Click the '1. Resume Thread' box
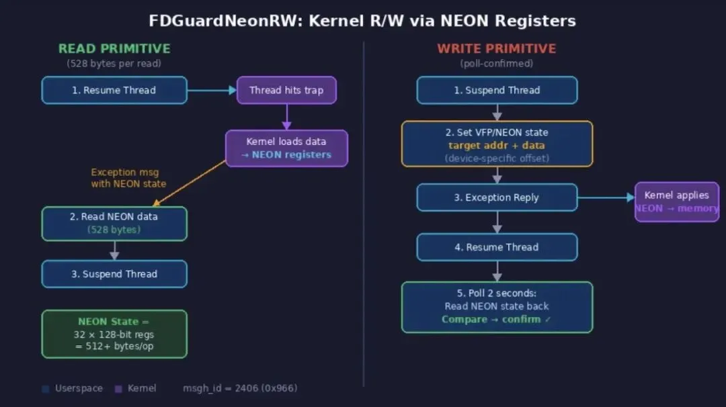point(114,90)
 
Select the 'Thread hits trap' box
point(286,90)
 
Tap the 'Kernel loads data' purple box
point(286,148)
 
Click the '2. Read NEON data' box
point(114,223)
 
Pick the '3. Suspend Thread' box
point(114,274)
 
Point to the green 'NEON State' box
point(114,334)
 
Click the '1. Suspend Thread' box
point(497,90)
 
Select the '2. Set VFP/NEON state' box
point(497,144)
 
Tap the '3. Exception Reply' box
point(497,197)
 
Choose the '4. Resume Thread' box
point(497,247)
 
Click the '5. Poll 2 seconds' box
point(497,307)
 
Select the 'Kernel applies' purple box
point(676,201)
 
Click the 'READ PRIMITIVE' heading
point(114,48)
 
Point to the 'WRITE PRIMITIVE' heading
point(497,48)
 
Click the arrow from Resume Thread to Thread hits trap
point(212,90)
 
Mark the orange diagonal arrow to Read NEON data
point(190,182)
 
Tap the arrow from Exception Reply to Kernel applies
point(606,197)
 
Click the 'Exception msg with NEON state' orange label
point(125,178)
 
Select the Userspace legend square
point(45,388)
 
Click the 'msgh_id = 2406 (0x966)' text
point(240,388)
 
